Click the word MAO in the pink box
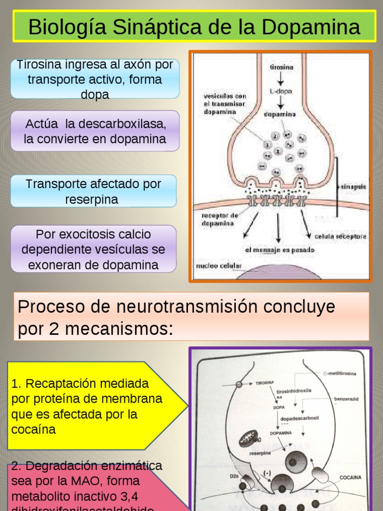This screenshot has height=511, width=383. [x=91, y=482]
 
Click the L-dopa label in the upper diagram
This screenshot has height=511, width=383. [x=281, y=91]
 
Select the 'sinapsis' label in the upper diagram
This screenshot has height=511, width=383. [x=353, y=187]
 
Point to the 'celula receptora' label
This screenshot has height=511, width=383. [x=340, y=236]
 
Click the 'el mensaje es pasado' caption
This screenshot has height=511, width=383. [x=279, y=250]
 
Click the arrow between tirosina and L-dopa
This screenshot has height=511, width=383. [x=281, y=79]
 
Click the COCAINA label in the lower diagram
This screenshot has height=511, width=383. [x=350, y=478]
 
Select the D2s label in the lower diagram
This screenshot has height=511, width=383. [x=234, y=476]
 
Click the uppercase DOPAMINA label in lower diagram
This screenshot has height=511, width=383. [x=281, y=433]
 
